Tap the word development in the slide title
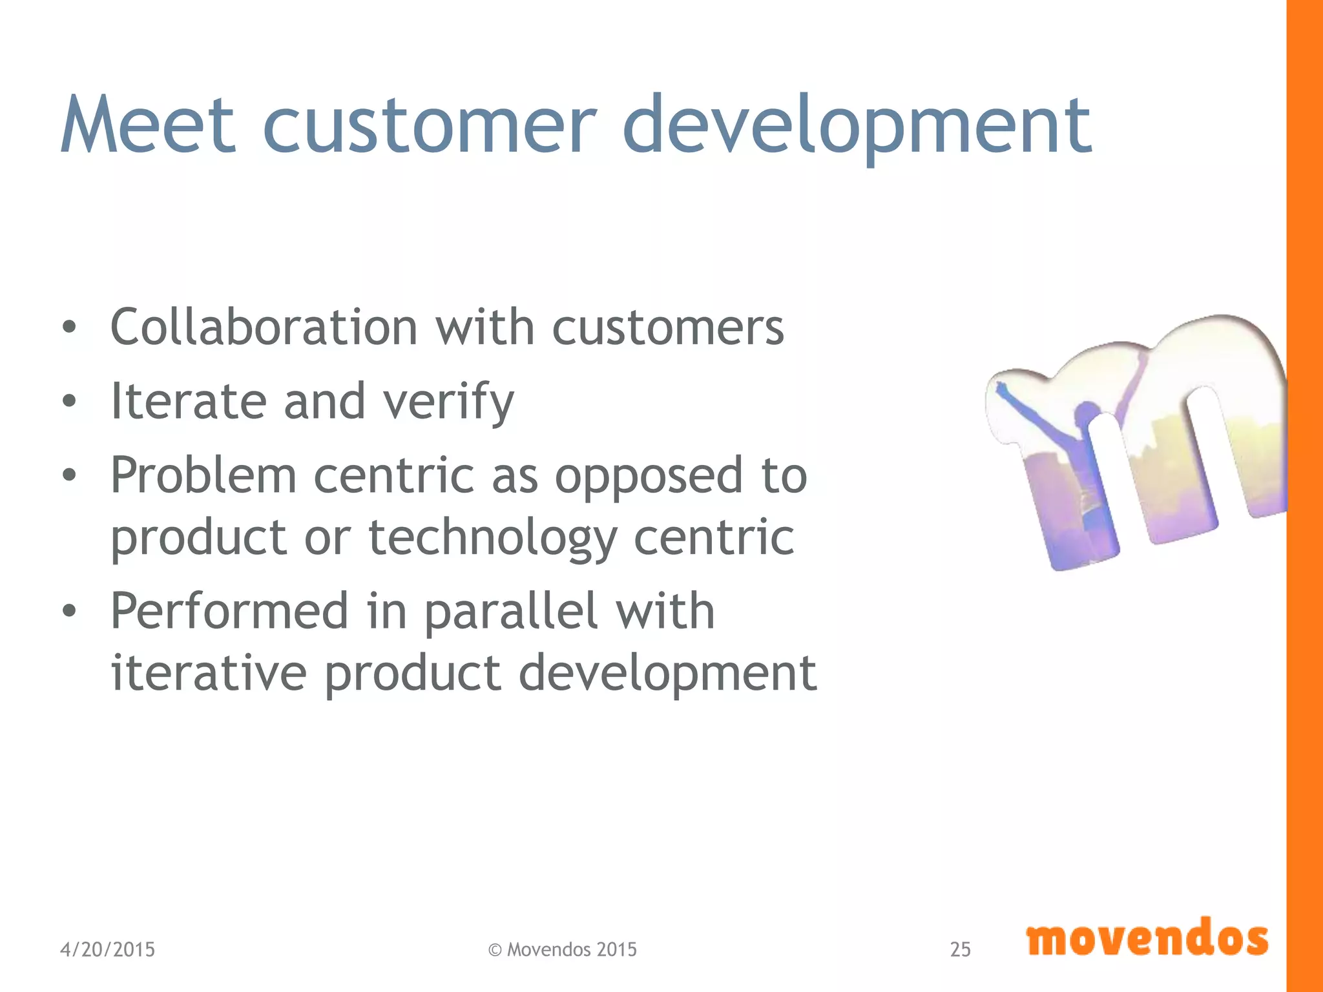pos(857,126)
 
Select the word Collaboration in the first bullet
pos(264,327)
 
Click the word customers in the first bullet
pos(668,328)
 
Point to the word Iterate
pos(189,401)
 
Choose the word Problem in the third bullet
pos(203,475)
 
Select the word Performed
pos(229,611)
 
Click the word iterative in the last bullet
pos(208,672)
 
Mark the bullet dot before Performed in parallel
pos(69,611)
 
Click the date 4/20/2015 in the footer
pos(107,949)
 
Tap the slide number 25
pos(960,949)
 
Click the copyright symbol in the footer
pos(495,950)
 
